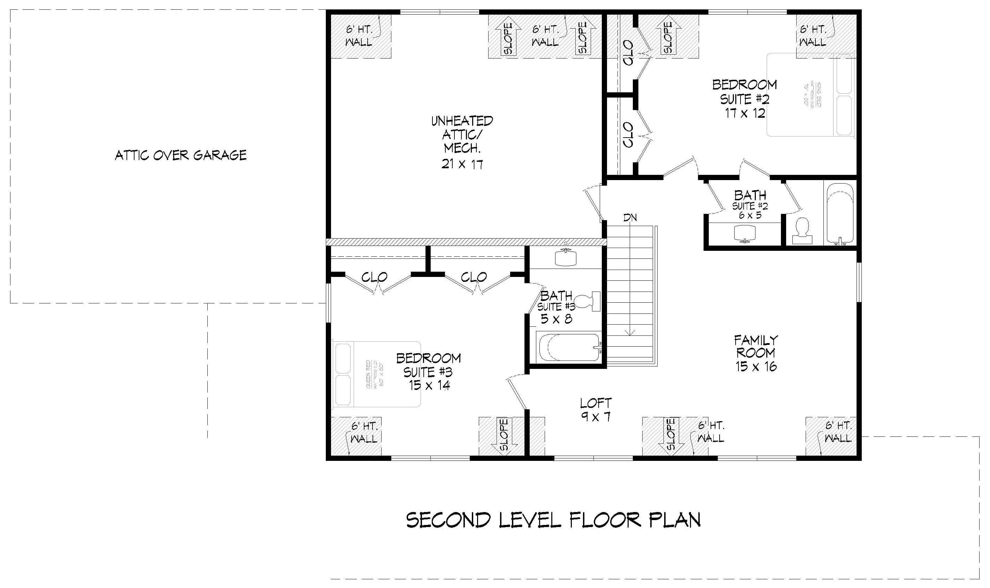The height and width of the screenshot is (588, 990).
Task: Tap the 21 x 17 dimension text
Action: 462,164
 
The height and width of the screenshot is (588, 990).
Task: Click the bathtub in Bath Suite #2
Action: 840,214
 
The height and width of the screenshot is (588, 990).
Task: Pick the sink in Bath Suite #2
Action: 745,233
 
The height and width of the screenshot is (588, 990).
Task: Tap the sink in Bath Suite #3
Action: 566,257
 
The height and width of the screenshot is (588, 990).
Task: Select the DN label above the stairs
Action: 630,217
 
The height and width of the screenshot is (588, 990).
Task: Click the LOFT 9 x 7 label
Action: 596,410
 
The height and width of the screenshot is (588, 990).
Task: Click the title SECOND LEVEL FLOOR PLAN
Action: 553,520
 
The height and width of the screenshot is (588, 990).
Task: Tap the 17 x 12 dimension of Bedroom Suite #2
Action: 745,114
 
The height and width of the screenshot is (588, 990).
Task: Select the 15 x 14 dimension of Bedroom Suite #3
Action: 429,385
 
